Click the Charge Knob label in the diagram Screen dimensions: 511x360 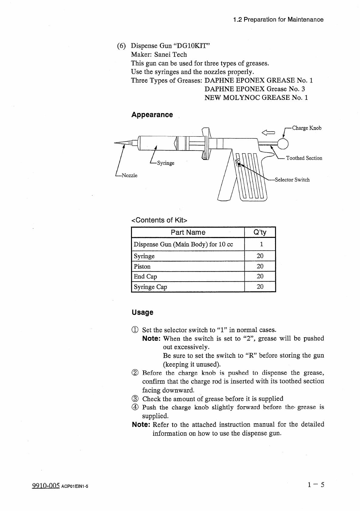307,128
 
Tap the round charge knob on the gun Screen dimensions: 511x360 283,144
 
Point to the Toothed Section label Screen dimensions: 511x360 304,158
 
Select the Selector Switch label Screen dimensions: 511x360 292,180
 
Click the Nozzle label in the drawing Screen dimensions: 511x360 129,175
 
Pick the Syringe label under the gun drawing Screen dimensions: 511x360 166,163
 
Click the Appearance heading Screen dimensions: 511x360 152,115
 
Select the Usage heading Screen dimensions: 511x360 143,312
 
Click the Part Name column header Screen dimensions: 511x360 188,232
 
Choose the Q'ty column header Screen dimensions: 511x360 260,232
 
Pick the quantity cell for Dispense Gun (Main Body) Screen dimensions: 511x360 260,244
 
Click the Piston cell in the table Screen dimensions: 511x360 142,266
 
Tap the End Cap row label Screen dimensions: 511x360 146,276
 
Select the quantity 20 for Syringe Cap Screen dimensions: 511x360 260,286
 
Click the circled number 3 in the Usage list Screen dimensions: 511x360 135,399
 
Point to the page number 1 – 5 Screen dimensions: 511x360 315,485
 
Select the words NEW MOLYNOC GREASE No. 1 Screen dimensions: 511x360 256,98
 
